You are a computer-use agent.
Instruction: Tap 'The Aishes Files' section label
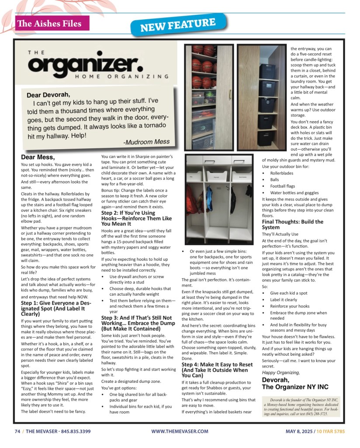click(x=49, y=24)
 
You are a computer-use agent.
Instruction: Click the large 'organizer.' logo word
click(x=86, y=64)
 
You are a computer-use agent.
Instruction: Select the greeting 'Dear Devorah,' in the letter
click(x=48, y=95)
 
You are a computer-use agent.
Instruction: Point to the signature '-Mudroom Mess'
click(x=146, y=141)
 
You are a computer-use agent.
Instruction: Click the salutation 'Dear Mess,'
click(x=38, y=157)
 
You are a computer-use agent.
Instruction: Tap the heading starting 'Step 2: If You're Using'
click(x=128, y=218)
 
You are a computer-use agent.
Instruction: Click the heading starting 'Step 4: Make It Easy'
click(x=217, y=370)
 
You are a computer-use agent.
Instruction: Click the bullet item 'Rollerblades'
click(x=284, y=173)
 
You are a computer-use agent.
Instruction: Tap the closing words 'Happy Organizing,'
click(x=280, y=372)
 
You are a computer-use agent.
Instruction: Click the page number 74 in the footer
click(x=17, y=431)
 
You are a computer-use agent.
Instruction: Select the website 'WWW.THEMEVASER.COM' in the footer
click(x=180, y=431)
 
